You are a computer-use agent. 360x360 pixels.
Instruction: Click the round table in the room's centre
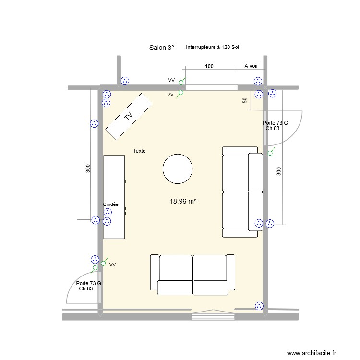[x=178, y=168]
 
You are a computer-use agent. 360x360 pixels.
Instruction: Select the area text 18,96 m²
[x=183, y=202]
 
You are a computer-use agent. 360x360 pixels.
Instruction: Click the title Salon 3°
[x=162, y=48]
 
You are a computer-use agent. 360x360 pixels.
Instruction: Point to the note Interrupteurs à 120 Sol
[x=213, y=47]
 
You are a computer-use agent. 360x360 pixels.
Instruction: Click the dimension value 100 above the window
[x=209, y=66]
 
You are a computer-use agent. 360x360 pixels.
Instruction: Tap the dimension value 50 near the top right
[x=245, y=100]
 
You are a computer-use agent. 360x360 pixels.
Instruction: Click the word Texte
[x=139, y=151]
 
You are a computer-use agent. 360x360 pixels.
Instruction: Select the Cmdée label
[x=111, y=204]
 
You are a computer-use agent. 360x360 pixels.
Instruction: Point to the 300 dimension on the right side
[x=278, y=171]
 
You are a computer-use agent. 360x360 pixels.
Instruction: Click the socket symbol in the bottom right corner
[x=259, y=305]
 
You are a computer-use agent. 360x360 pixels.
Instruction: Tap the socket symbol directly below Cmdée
[x=108, y=212]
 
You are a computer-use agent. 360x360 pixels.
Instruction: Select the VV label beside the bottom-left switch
[x=112, y=264]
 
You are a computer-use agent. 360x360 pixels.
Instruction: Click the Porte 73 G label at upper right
[x=275, y=123]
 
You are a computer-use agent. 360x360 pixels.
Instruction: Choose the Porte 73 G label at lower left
[x=89, y=283]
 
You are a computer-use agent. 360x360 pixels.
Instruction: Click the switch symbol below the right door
[x=270, y=153]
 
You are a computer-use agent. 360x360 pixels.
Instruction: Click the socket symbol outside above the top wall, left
[x=125, y=81]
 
